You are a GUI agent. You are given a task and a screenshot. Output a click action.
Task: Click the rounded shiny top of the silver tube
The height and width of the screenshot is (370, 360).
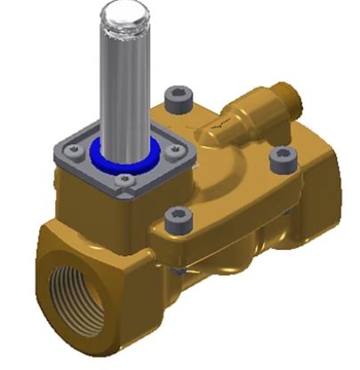coord(123,15)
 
